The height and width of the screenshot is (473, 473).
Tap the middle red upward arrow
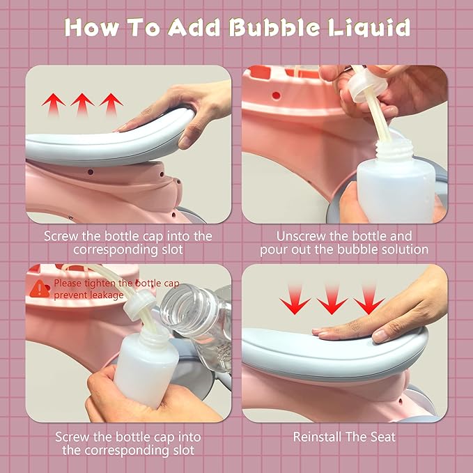click(82, 104)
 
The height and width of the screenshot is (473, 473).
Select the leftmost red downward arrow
click(295, 299)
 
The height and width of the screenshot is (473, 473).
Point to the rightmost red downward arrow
click(369, 299)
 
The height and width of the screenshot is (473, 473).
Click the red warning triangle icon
click(40, 288)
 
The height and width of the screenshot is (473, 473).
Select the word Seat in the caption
click(383, 437)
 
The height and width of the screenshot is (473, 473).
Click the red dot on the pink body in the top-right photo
click(276, 95)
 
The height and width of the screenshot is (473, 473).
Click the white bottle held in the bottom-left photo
click(148, 366)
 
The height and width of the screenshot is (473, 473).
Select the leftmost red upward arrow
click(54, 104)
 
